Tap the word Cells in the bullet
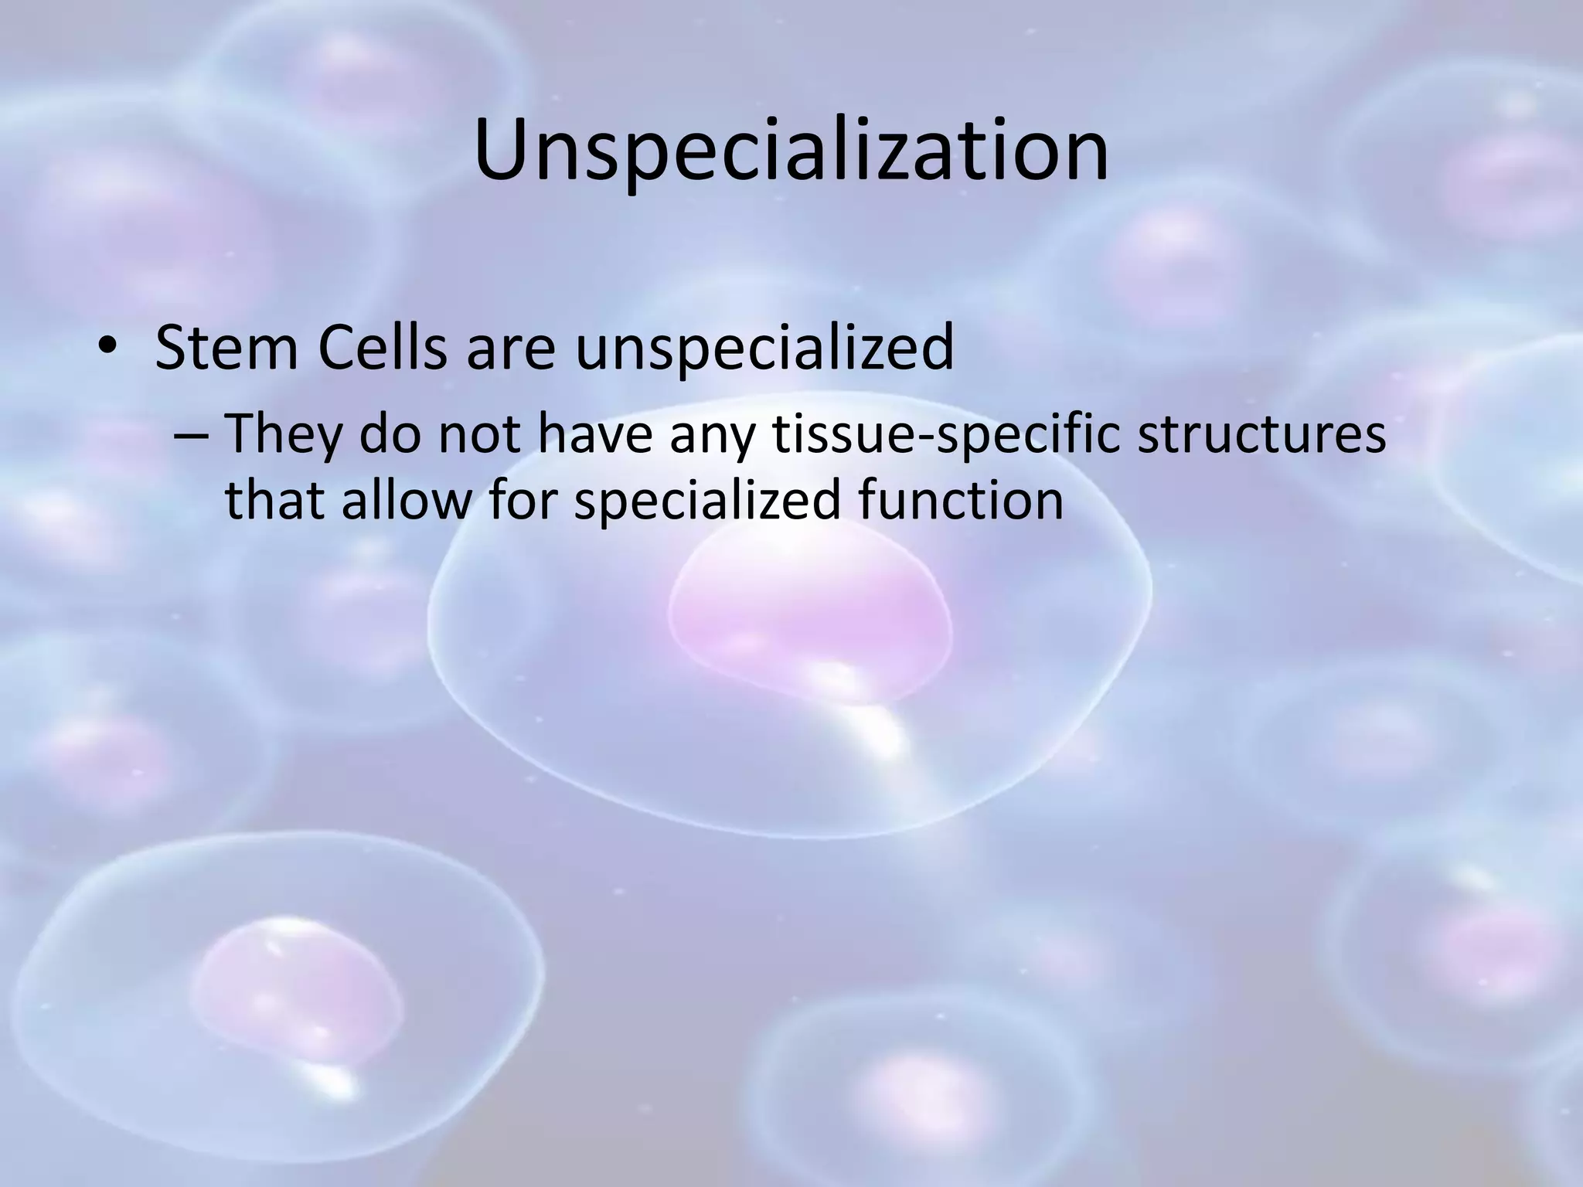[382, 347]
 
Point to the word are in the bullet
[511, 349]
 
